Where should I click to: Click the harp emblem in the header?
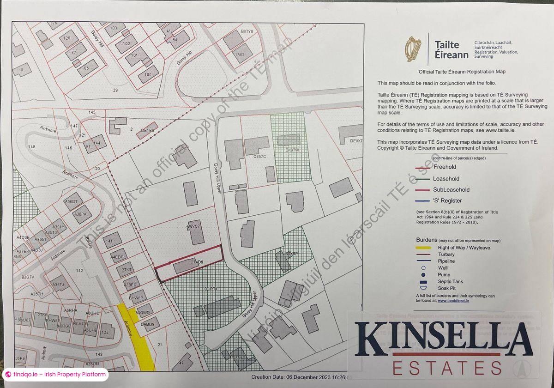(413, 49)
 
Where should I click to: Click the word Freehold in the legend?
(445, 167)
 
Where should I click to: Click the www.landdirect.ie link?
(454, 300)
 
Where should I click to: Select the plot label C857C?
(260, 157)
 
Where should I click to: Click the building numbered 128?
(68, 38)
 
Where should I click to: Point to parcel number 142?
(79, 271)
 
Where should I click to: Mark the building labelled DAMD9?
(150, 325)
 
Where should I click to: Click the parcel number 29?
(115, 90)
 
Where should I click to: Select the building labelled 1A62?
(240, 54)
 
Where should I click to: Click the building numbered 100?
(148, 74)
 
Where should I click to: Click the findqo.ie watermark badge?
(55, 374)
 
